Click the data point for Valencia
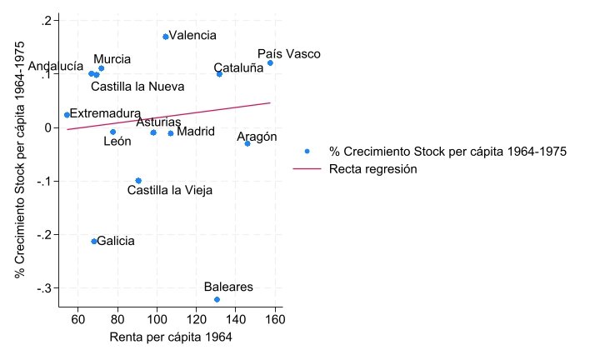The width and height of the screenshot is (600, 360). (x=166, y=37)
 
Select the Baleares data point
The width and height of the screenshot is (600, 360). (x=217, y=299)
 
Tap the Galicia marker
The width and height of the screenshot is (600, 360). (x=94, y=242)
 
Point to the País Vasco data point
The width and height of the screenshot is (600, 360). (x=270, y=63)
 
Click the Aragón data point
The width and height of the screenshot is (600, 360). (x=247, y=143)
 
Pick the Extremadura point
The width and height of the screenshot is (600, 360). (x=67, y=115)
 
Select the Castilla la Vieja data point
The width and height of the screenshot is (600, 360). (x=138, y=181)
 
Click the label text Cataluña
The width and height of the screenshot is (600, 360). (x=238, y=68)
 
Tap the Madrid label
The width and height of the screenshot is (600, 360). (x=196, y=132)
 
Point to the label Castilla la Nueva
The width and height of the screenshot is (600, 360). (x=137, y=87)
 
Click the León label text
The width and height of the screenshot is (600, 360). (x=117, y=142)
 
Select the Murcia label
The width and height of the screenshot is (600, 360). (x=112, y=59)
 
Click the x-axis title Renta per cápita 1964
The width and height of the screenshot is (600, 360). (x=171, y=338)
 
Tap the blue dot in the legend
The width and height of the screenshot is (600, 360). (x=307, y=152)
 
